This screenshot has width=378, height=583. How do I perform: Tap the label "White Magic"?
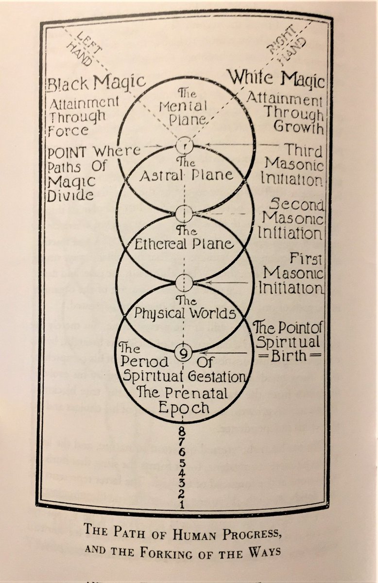pyautogui.click(x=276, y=79)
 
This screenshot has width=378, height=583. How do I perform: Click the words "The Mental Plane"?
pyautogui.click(x=187, y=106)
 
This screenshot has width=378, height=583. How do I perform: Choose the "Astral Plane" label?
pyautogui.click(x=186, y=175)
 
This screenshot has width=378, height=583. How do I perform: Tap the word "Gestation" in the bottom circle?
pyautogui.click(x=217, y=377)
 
